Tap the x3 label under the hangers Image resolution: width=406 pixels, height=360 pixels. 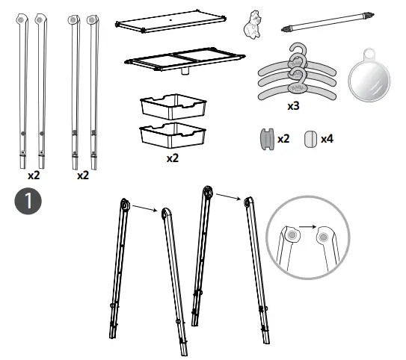click(294, 106)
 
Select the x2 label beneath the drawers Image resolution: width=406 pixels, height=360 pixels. click(172, 158)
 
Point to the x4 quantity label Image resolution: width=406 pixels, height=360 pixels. click(327, 139)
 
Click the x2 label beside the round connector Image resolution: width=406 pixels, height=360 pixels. click(283, 139)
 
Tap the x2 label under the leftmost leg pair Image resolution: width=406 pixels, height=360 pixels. click(34, 176)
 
